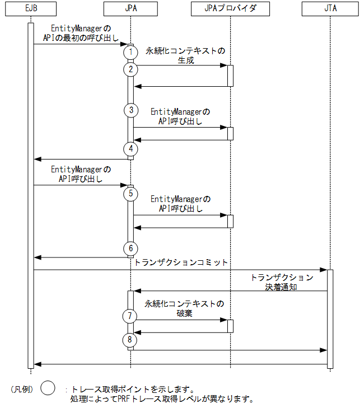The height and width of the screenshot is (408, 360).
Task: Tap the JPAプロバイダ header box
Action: click(x=230, y=9)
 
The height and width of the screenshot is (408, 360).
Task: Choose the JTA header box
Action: click(x=330, y=9)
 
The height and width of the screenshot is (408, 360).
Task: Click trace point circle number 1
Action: click(x=130, y=51)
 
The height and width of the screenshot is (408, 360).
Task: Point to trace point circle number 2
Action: click(x=130, y=69)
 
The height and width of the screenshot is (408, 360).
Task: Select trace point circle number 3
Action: click(x=130, y=110)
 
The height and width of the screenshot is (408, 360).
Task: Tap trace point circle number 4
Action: click(x=130, y=149)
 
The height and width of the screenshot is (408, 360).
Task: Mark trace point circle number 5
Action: click(x=130, y=194)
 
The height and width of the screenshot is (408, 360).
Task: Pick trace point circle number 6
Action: click(x=130, y=248)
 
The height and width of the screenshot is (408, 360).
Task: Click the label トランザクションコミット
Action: click(x=181, y=262)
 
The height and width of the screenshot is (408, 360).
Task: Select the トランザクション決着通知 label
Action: click(x=282, y=282)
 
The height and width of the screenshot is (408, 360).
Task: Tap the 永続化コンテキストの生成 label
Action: click(x=185, y=56)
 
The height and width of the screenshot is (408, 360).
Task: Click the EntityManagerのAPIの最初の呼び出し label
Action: click(x=81, y=32)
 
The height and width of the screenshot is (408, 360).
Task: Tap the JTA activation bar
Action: click(x=330, y=319)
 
